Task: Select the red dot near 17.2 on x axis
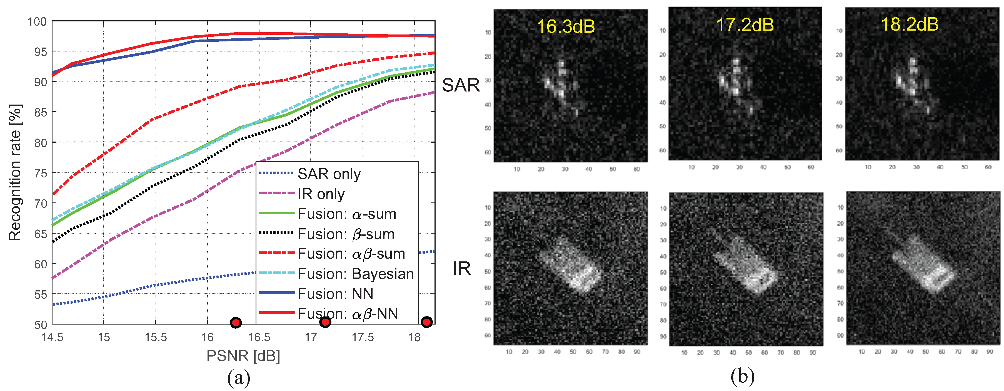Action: coord(325,322)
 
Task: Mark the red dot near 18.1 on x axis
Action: coord(427,322)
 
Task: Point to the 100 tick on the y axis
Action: coord(37,21)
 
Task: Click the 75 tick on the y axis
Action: coord(40,173)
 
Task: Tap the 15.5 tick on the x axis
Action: coord(156,337)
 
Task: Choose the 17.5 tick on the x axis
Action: coord(363,337)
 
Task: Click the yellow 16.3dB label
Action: coord(566,26)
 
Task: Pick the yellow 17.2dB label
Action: coord(745,24)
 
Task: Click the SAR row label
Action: coord(461,85)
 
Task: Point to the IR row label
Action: coord(461,268)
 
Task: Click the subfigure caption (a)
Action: coord(239,378)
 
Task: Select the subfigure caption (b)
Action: coord(743,377)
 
